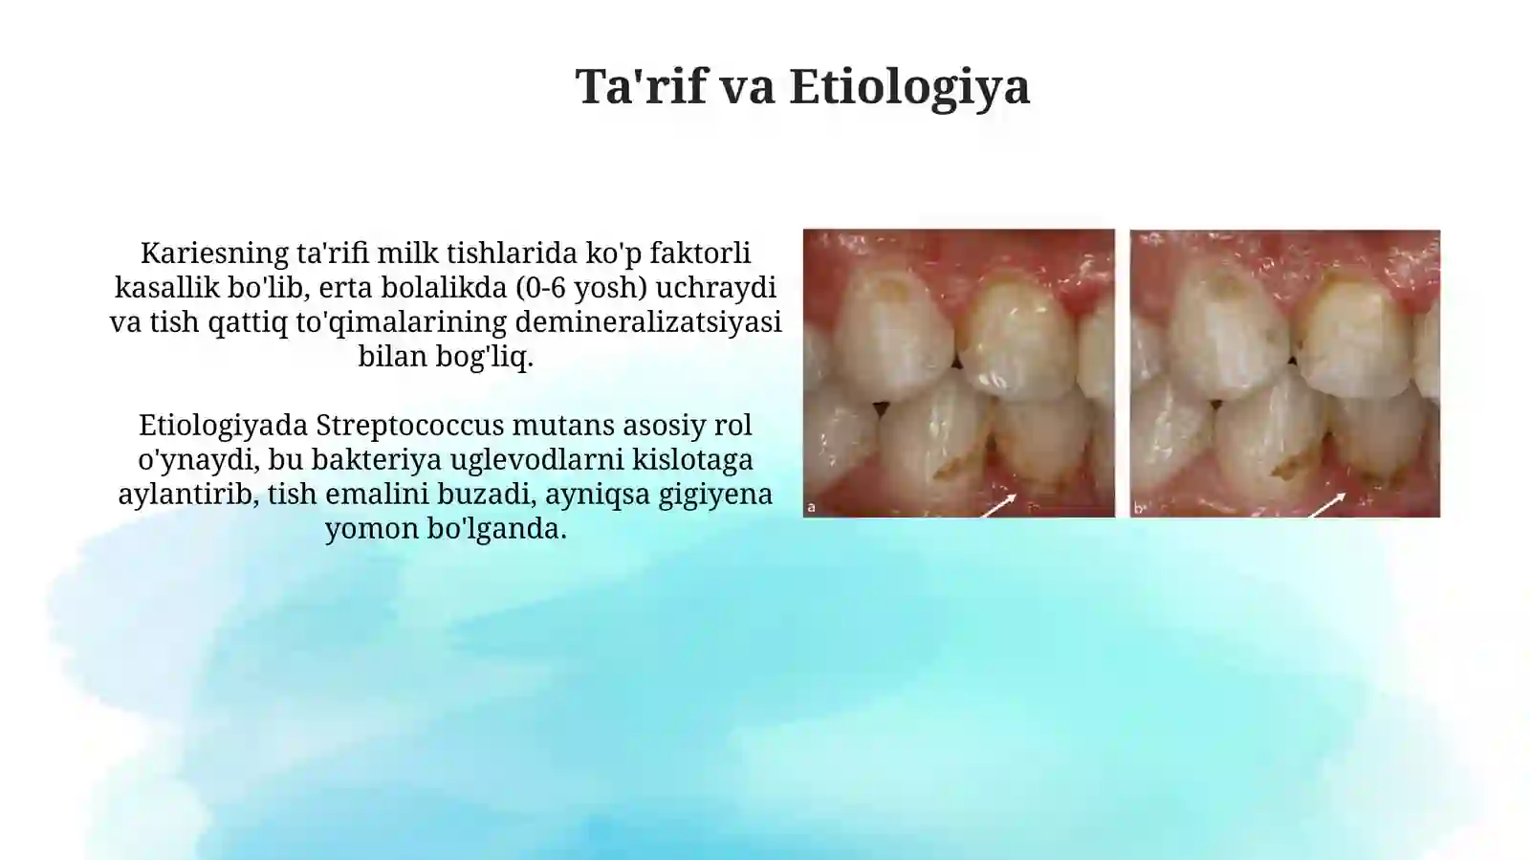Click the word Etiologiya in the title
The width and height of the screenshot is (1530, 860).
(909, 86)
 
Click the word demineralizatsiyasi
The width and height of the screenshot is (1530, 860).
(648, 322)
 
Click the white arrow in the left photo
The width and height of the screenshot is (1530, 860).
(998, 505)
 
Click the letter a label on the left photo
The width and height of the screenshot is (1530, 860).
(812, 508)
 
